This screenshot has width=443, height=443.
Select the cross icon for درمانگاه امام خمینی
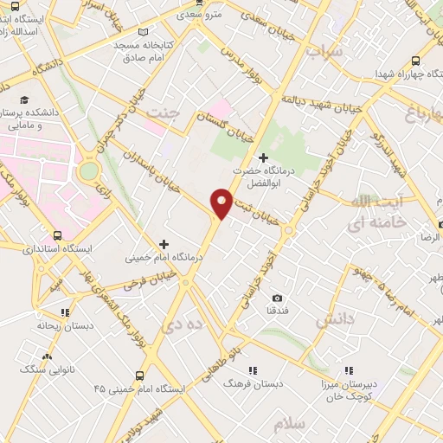164,244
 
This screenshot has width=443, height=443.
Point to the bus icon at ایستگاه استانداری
58,234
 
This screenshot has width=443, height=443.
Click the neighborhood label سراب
325,51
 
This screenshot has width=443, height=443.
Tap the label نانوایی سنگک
44,369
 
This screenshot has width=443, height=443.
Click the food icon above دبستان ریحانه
64,313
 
